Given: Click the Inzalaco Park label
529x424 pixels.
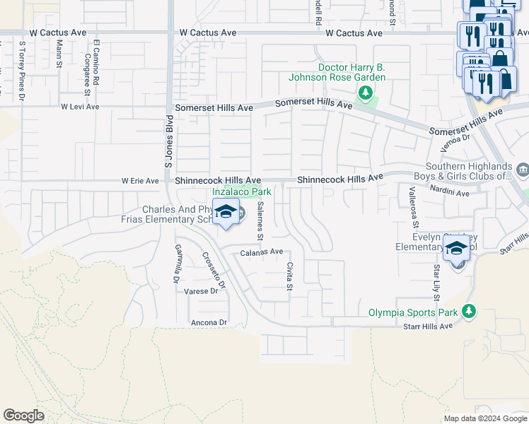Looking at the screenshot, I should point(243,192).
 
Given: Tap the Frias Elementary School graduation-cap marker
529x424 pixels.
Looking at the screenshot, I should point(226,212).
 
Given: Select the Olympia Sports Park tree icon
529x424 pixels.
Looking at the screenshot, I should point(467,312).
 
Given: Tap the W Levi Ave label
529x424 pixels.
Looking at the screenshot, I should point(80,107).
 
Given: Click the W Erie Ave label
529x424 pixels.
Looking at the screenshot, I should point(140,181).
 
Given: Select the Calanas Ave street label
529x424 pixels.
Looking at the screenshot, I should point(262,252).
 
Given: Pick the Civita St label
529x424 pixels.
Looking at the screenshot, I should point(289,276).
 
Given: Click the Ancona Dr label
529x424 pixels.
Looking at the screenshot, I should point(209,322).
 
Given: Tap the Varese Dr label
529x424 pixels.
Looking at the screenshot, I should point(202,291).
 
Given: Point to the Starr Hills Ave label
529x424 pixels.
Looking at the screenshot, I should point(426,326).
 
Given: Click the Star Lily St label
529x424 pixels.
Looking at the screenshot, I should point(437,281).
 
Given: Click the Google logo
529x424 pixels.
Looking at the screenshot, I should point(23,416).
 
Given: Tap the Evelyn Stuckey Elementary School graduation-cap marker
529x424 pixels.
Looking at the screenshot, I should point(456,249).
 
